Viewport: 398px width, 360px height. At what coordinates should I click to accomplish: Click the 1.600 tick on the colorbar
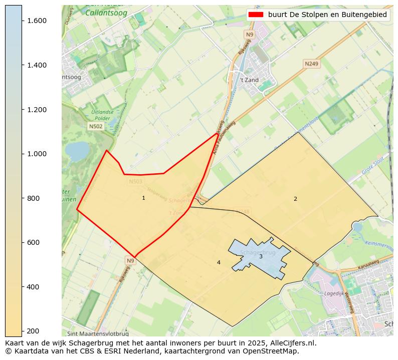coord(22,21)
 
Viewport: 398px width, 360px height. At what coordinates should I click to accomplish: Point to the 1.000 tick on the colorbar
coord(22,154)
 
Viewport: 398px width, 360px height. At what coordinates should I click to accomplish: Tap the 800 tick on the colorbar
coord(22,198)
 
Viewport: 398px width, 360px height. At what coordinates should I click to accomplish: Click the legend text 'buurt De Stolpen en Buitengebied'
coord(327,15)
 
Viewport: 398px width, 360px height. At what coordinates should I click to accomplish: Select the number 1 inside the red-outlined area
coord(143,198)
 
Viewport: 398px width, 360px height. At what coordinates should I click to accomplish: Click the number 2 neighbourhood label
coord(295,199)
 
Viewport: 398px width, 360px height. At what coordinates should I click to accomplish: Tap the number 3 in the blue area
coord(261,257)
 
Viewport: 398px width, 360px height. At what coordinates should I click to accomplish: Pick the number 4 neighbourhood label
coord(219,263)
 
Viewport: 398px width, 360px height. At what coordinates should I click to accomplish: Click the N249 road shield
coord(311,64)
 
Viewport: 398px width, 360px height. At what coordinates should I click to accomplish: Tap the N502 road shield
coord(96,127)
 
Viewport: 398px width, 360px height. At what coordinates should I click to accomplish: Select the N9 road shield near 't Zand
coord(250,35)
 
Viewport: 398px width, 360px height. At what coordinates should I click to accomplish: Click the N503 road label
coord(135,182)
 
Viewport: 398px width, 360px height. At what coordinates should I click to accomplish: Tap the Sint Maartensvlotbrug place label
coord(98,333)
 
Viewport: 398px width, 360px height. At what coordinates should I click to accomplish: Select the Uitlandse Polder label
coord(103,115)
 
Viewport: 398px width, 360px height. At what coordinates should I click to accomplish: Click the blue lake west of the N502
coord(77,150)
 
